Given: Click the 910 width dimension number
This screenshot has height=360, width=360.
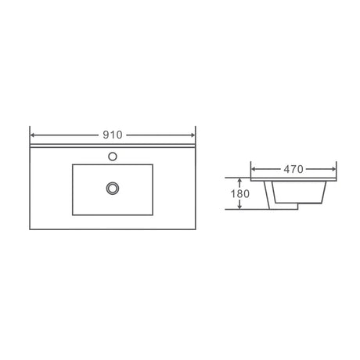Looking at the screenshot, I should pos(113,134).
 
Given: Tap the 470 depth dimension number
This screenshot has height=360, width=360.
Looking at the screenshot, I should pos(293,168).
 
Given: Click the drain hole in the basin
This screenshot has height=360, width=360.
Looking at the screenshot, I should pos(113,187).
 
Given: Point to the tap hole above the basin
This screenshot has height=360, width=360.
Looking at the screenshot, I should pos(113,156).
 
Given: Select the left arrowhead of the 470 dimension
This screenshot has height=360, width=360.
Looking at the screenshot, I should pos(253,168).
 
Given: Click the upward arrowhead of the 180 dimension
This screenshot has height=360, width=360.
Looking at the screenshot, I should pos(239,182).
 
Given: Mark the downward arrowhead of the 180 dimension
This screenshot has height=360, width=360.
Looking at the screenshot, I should pos(239,207).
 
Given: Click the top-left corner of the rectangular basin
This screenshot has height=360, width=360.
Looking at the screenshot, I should pos(72,164).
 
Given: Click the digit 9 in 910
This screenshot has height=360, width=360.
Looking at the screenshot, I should pos(106,134).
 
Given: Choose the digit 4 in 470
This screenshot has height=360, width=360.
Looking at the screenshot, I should pos(286,168).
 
